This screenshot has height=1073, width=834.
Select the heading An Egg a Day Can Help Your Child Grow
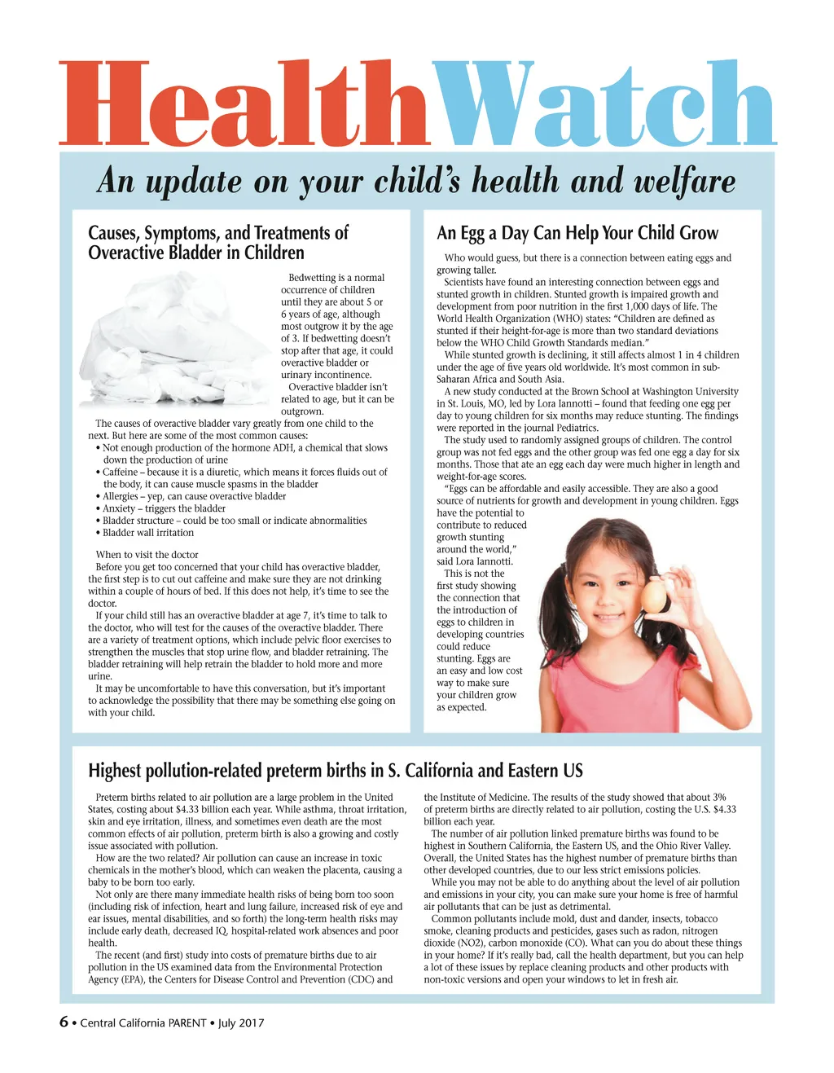pyautogui.click(x=577, y=233)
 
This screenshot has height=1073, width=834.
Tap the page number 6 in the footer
pyautogui.click(x=64, y=1022)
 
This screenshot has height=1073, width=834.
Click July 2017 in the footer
pyautogui.click(x=241, y=1022)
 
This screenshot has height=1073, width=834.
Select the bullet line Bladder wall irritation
pyautogui.click(x=148, y=533)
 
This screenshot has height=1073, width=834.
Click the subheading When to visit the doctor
pyautogui.click(x=147, y=555)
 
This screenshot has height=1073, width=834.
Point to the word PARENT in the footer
pyautogui.click(x=187, y=1022)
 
